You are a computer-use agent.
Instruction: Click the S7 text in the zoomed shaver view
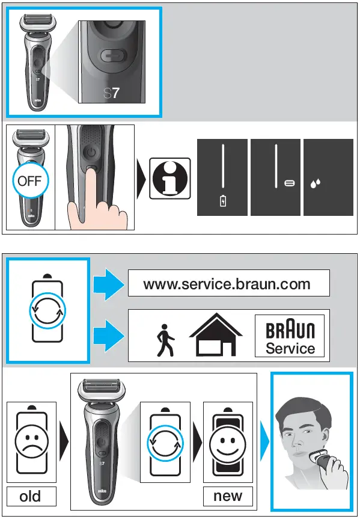(112, 94)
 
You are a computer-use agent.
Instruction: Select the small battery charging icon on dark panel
(222, 201)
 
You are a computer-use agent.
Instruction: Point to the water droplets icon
(316, 184)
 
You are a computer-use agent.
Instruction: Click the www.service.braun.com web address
(228, 283)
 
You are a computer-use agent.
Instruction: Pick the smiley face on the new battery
(227, 445)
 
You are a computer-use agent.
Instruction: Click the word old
(31, 496)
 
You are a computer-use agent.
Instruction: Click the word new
(228, 496)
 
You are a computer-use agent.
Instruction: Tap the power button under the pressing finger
(91, 152)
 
